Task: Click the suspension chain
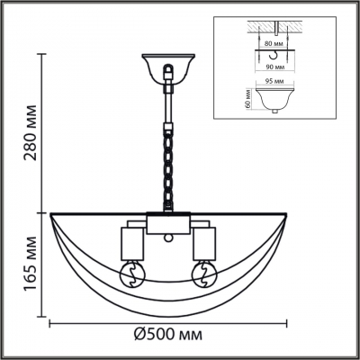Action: pos(168,162)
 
